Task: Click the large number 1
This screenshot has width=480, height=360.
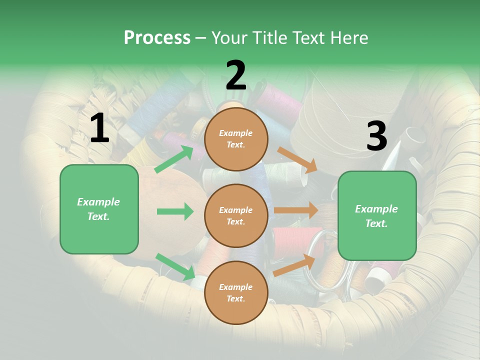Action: tap(99, 128)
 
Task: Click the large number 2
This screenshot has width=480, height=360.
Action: tap(235, 76)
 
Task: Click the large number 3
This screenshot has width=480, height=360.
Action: tap(376, 136)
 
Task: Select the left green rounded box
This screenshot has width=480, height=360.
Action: tap(99, 209)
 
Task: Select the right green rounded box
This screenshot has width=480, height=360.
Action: tap(377, 215)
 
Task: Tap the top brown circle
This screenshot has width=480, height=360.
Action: tap(236, 139)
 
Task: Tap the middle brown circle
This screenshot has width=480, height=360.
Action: tap(236, 215)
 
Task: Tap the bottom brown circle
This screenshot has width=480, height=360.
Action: tap(236, 292)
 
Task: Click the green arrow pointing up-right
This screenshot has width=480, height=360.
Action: tap(174, 159)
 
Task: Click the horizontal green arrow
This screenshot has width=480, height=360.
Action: tap(175, 211)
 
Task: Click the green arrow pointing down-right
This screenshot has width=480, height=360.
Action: tap(175, 266)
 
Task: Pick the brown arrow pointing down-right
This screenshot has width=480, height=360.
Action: tap(298, 159)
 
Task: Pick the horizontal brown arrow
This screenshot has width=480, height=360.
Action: tap(296, 210)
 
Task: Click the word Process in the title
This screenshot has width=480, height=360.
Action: tap(157, 37)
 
